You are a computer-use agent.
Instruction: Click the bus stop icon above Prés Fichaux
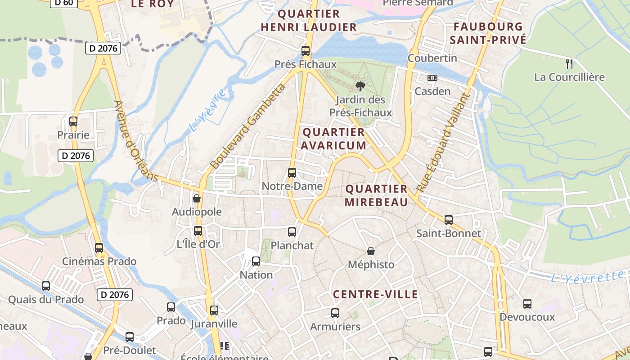click(306, 50)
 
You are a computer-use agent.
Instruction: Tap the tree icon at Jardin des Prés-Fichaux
click(360, 86)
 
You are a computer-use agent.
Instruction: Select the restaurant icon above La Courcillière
click(569, 63)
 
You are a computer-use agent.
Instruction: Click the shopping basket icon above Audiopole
click(197, 198)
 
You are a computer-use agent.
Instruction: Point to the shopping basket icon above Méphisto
click(371, 251)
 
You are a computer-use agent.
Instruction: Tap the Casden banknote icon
click(432, 78)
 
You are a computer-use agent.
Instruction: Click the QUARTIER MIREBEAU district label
click(376, 195)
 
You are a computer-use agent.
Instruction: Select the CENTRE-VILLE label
click(376, 295)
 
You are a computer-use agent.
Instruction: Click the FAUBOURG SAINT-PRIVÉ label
click(488, 33)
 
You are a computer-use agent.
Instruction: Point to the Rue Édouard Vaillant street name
click(443, 141)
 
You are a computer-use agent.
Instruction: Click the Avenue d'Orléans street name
click(135, 141)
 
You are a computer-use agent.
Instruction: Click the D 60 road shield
click(63, 3)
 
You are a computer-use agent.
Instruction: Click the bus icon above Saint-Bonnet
click(449, 220)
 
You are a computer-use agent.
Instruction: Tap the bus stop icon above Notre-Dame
click(292, 172)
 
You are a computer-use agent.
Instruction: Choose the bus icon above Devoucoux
click(527, 304)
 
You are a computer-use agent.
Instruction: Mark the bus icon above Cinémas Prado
click(99, 247)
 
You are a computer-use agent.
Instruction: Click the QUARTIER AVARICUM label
click(333, 139)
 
